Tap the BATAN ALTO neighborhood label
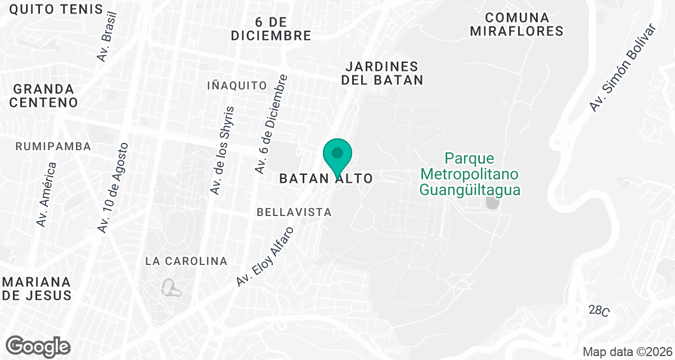(x=326, y=179)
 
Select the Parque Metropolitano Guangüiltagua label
(x=470, y=174)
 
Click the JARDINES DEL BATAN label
(x=382, y=74)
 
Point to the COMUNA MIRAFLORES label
(x=516, y=24)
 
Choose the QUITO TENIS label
(x=56, y=9)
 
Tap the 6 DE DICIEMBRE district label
(x=271, y=29)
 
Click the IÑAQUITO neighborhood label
(x=237, y=85)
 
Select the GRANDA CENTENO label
(x=43, y=96)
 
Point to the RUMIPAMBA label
(x=53, y=146)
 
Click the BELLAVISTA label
(x=294, y=212)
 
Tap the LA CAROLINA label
(x=186, y=261)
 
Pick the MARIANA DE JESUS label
(x=37, y=288)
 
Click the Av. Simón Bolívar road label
(x=623, y=68)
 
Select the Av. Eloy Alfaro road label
(x=265, y=256)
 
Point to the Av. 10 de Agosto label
(x=113, y=188)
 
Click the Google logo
(x=38, y=346)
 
